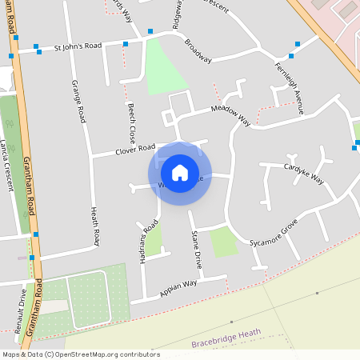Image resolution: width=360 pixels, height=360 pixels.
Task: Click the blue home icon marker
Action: tap(180, 172)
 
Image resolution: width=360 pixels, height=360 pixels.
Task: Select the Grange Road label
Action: tap(78, 101)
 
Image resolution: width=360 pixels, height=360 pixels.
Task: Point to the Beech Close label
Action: tap(130, 122)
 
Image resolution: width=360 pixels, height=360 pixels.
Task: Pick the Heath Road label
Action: tap(94, 226)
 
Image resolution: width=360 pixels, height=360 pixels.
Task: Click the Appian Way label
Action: tap(178, 288)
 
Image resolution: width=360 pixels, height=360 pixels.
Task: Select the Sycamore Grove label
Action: tap(274, 231)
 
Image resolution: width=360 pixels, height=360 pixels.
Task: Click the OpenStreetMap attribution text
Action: tap(80, 354)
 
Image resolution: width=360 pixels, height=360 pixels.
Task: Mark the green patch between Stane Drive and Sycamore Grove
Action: tap(224, 241)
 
